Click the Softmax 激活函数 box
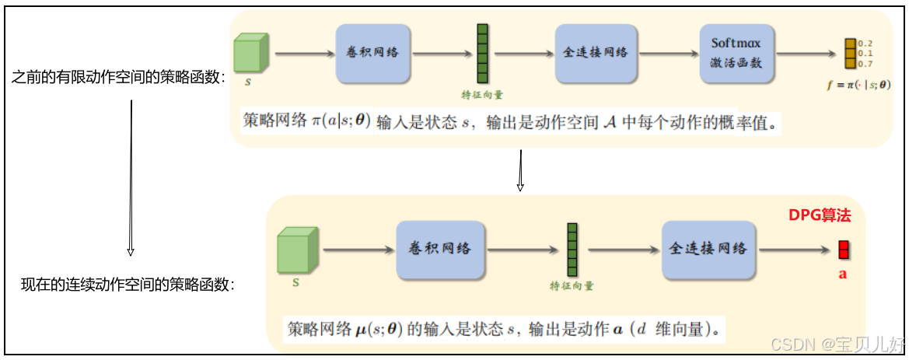[x=736, y=52]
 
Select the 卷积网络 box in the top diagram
[x=372, y=53]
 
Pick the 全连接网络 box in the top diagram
[x=595, y=53]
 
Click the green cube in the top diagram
[x=252, y=52]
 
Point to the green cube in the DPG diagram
[x=296, y=250]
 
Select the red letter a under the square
[x=842, y=274]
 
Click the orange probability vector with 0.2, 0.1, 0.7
[x=849, y=53]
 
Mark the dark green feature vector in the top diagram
[x=482, y=53]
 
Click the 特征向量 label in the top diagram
[x=482, y=95]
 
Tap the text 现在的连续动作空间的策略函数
[x=128, y=285]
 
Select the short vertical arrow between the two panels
[x=520, y=170]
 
